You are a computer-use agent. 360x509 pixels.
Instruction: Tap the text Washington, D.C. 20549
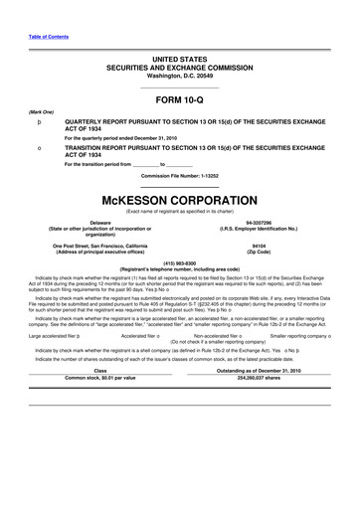click(179, 77)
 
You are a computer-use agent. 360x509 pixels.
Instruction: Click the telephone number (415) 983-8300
click(179, 263)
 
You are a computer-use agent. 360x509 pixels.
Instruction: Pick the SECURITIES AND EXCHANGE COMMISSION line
click(179, 68)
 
